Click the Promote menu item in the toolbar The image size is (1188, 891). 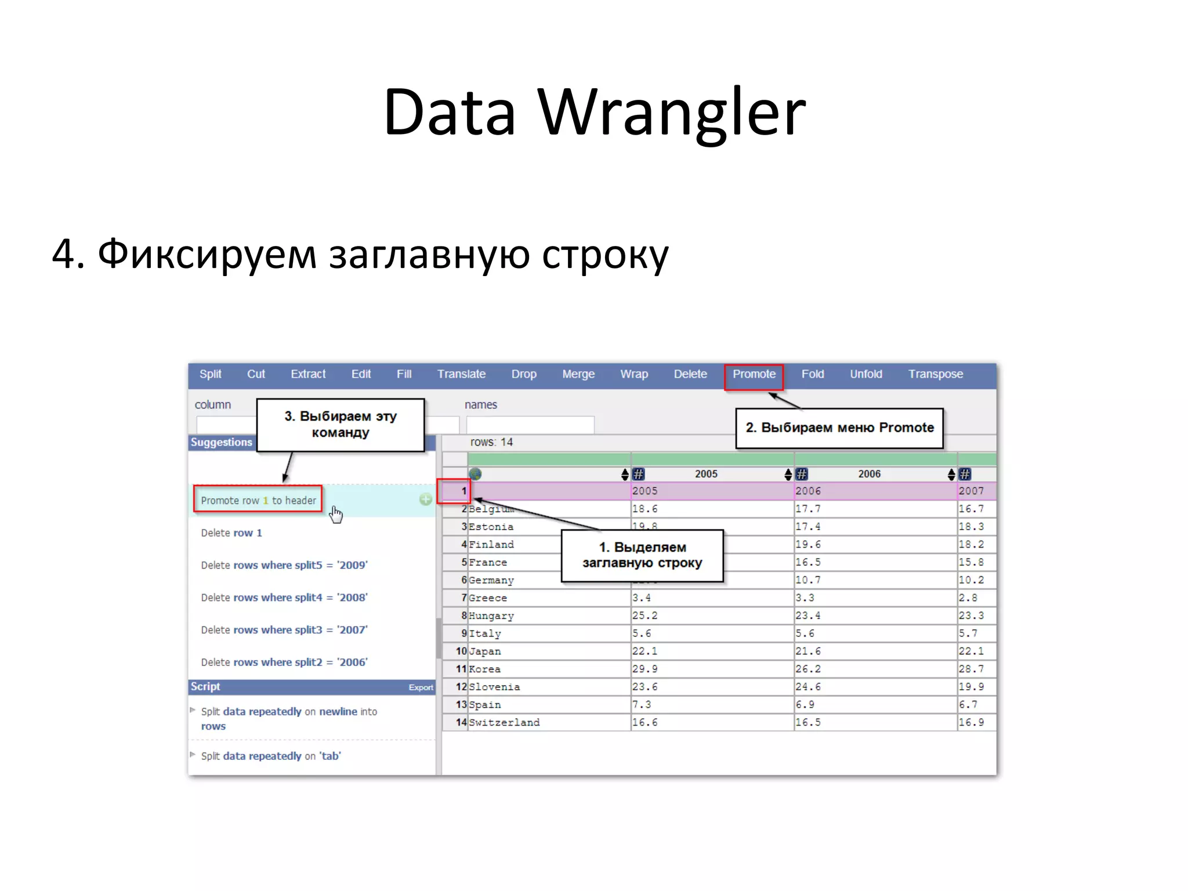point(754,374)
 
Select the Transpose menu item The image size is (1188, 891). point(935,374)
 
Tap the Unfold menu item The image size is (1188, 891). point(865,374)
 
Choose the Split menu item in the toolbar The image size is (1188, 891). point(210,374)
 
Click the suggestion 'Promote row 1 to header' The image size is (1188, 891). point(258,500)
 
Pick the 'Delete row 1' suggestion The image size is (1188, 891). point(231,533)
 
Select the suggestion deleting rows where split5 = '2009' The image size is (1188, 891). point(284,565)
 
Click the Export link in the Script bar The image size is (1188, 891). point(421,687)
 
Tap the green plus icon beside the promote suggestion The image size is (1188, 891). point(425,499)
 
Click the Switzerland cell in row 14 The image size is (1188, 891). point(504,722)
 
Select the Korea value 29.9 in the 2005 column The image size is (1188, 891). point(645,669)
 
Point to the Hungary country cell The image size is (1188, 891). point(491,615)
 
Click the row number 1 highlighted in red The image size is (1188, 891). point(463,491)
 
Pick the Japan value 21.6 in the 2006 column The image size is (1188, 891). point(808,651)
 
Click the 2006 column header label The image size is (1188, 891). point(869,474)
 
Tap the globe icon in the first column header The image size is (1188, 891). point(475,474)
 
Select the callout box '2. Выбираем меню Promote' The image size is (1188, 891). point(839,428)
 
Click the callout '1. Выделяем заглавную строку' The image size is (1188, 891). point(642,555)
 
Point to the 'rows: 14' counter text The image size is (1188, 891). point(491,442)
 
